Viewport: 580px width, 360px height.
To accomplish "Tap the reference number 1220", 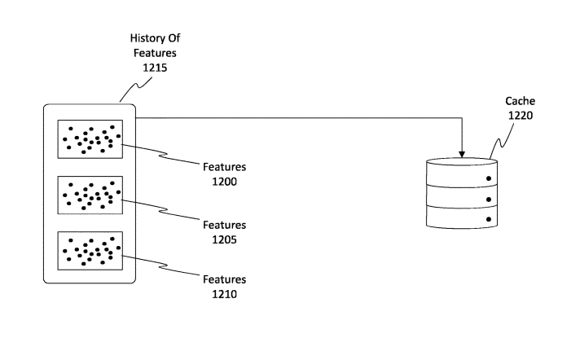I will pos(519,116).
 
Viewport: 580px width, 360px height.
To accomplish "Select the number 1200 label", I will pos(224,182).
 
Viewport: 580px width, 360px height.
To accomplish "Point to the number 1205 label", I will pos(224,238).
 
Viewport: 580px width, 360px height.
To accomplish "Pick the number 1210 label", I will pos(224,294).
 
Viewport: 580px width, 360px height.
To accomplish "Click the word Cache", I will pos(519,102).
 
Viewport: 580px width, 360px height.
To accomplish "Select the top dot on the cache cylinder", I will pos(490,178).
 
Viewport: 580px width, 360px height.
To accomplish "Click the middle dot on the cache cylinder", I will pos(490,199).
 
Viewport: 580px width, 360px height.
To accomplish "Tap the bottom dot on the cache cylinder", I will pos(490,219).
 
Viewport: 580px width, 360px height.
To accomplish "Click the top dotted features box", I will pos(90,138).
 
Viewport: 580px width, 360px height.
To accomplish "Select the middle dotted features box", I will pos(90,195).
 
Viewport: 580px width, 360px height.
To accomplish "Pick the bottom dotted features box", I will pos(90,252).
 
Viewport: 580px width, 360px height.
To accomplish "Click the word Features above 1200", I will pos(224,167).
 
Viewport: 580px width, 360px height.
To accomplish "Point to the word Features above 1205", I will pos(224,224).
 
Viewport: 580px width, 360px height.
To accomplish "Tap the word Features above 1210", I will pos(224,279).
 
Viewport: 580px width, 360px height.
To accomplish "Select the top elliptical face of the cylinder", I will pos(462,163).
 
